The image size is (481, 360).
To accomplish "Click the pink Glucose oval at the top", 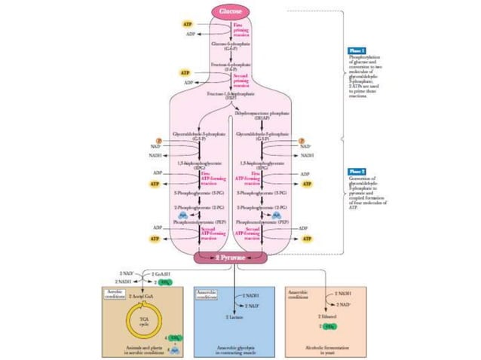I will click(x=231, y=11).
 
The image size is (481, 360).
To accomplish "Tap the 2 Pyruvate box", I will click(x=231, y=258).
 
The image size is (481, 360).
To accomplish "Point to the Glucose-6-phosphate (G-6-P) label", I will click(x=231, y=47).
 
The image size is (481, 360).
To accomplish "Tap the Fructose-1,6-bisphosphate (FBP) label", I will click(x=231, y=95).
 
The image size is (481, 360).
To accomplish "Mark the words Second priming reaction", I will click(x=248, y=78).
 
